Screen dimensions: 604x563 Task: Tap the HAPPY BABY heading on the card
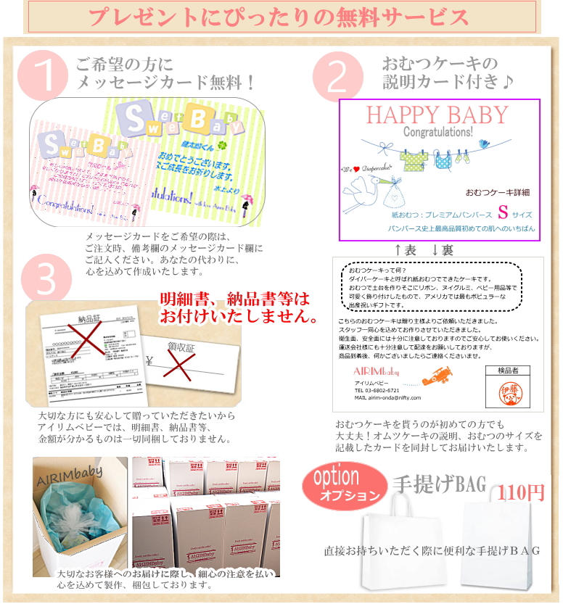point(437,115)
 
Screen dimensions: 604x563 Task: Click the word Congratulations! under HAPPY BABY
point(437,133)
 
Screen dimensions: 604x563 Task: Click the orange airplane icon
point(438,376)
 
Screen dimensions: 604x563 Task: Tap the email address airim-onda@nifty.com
point(387,397)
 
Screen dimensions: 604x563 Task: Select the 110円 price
point(521,493)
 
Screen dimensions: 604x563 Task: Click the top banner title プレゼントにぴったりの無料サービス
point(281,16)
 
